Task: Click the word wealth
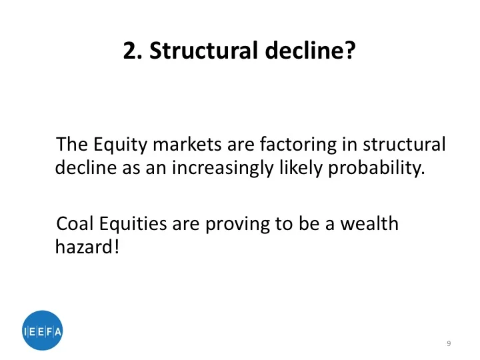369,223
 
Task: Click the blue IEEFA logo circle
42,331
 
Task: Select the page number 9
449,343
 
